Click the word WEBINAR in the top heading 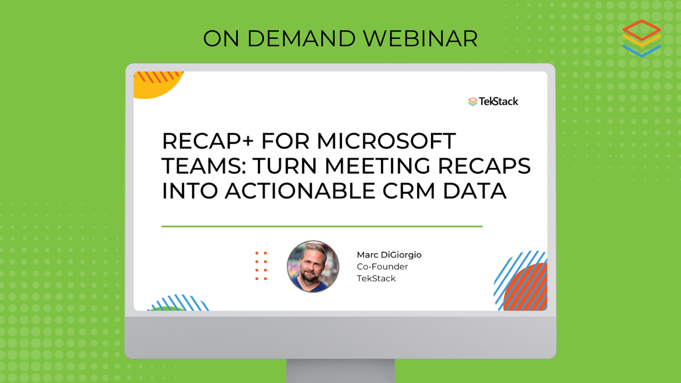[420, 39]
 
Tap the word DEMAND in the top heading [301, 39]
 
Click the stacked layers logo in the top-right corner [642, 38]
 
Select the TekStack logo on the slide [493, 102]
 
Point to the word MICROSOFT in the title [386, 141]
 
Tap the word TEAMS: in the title [204, 166]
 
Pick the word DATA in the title [474, 191]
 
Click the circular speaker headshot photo [313, 267]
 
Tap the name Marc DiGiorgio [389, 255]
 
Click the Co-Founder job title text [382, 267]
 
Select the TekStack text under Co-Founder [376, 278]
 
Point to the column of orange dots [261, 266]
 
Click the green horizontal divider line [322, 227]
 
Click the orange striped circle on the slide [525, 287]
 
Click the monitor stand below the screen [340, 371]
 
